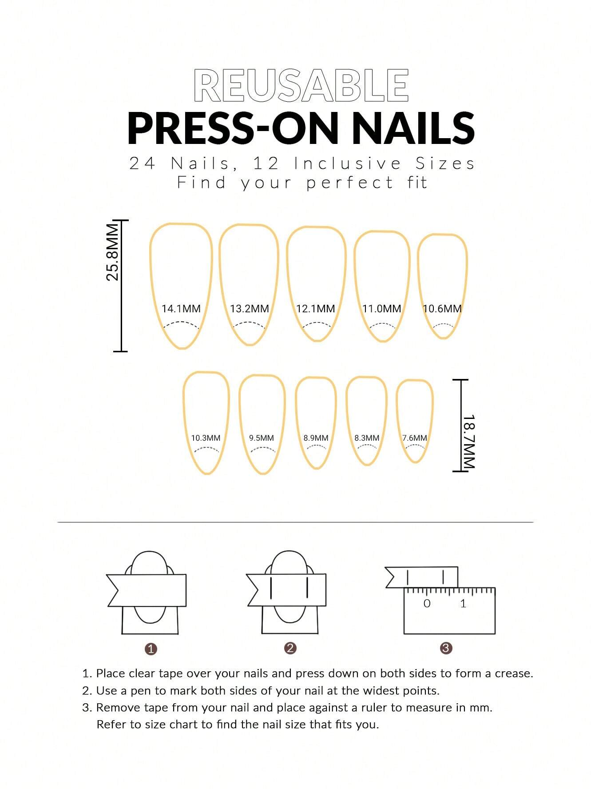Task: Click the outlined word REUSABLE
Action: pyautogui.click(x=301, y=85)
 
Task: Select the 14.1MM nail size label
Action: pyautogui.click(x=181, y=308)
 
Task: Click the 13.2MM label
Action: pyautogui.click(x=250, y=308)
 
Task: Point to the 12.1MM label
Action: pyautogui.click(x=315, y=308)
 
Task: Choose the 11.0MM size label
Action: pyautogui.click(x=381, y=308)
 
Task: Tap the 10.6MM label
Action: pyautogui.click(x=442, y=308)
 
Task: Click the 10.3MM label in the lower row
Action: pyautogui.click(x=206, y=438)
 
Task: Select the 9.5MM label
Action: pyautogui.click(x=262, y=438)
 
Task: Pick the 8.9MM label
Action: pyautogui.click(x=316, y=438)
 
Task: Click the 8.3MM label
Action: pyautogui.click(x=367, y=438)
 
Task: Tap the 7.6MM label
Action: pyautogui.click(x=415, y=438)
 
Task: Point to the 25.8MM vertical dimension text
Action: pyautogui.click(x=113, y=252)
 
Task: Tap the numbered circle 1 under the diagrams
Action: pyautogui.click(x=151, y=649)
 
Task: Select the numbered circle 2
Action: pyautogui.click(x=290, y=648)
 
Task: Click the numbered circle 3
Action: pyautogui.click(x=446, y=648)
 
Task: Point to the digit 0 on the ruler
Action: pyautogui.click(x=427, y=603)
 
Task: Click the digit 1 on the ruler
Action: pyautogui.click(x=463, y=603)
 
